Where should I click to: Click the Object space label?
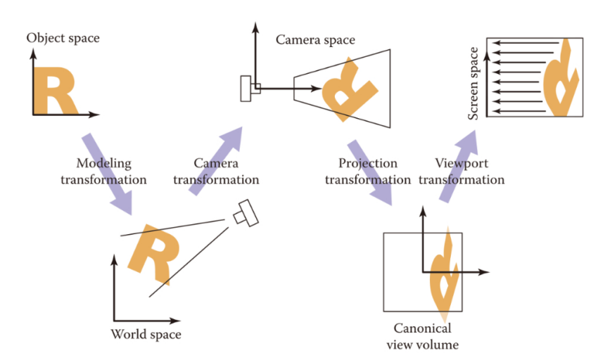[x=63, y=37]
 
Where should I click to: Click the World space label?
[x=146, y=334]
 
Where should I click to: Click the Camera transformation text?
[x=216, y=171]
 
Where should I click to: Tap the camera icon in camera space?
[x=247, y=89]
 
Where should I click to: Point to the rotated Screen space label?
[x=474, y=83]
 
